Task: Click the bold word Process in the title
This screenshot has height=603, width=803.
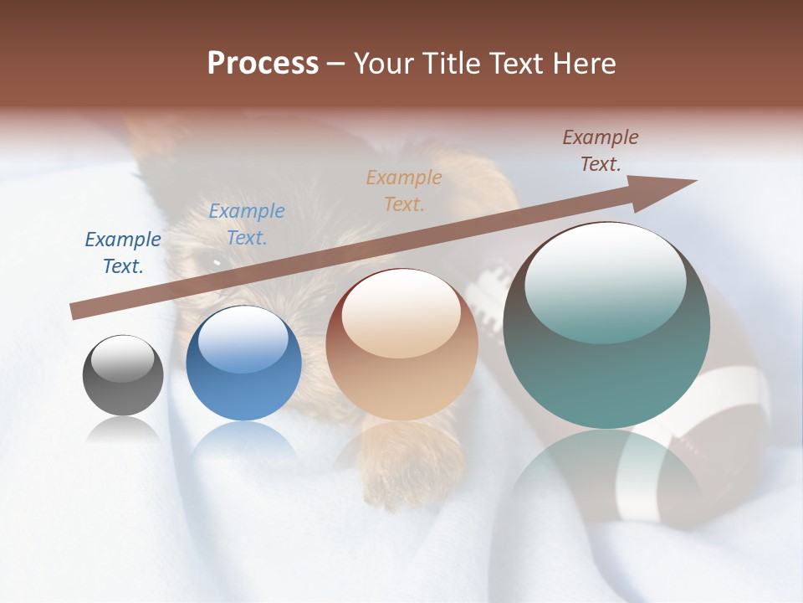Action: pos(263,64)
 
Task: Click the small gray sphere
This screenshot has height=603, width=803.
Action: pos(123,375)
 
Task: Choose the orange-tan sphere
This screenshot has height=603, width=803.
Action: pos(401,344)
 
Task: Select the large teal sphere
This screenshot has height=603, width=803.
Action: pos(606,326)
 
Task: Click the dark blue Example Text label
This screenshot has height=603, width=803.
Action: pos(123,253)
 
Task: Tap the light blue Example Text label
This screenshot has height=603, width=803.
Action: pos(247,224)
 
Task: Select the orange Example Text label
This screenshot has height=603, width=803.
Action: pos(404,190)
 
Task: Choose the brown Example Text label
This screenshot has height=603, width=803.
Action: pos(601,151)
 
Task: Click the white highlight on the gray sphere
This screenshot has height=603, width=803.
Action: pos(123,359)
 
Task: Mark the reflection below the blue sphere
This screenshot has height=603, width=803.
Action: pos(243,440)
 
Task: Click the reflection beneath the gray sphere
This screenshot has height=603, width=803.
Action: pos(123,429)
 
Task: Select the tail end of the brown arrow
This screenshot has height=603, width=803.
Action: pos(77,311)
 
